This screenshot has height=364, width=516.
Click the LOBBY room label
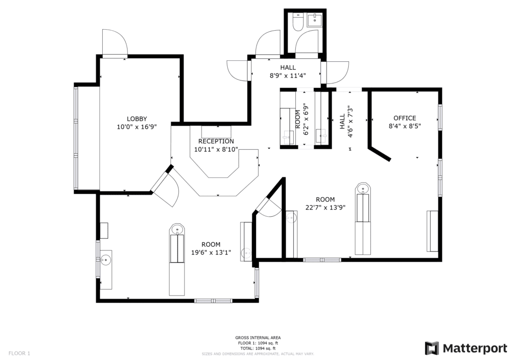(x=137, y=119)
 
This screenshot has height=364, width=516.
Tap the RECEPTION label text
(x=216, y=141)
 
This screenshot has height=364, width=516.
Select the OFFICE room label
(x=405, y=118)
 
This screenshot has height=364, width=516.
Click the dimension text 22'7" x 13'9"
(x=326, y=208)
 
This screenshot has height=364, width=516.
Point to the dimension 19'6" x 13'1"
(x=211, y=252)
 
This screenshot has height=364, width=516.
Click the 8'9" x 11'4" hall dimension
(x=288, y=76)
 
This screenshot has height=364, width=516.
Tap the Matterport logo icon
(x=432, y=348)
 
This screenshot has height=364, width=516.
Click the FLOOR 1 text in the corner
(x=19, y=353)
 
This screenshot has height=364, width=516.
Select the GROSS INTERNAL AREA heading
(x=258, y=338)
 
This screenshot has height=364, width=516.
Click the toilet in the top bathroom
(x=299, y=22)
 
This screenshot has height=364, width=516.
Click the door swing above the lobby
(x=114, y=42)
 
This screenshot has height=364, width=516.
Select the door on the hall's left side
(x=237, y=70)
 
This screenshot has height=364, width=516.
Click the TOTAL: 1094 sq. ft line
(x=258, y=348)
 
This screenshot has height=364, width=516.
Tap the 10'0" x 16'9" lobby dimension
(x=137, y=127)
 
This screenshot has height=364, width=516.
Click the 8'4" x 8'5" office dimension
(x=405, y=126)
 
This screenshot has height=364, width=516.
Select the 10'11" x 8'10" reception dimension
(x=216, y=150)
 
